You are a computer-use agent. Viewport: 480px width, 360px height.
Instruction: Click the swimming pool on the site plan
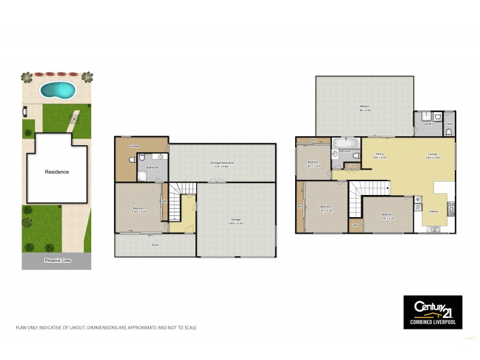coord(58,91)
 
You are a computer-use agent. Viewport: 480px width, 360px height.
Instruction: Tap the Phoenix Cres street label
coord(56,261)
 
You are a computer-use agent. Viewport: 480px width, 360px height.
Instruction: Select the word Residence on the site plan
coord(57,172)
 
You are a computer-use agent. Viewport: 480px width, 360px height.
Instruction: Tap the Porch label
coord(155,246)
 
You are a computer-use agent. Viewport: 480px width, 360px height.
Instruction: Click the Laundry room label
coord(428,124)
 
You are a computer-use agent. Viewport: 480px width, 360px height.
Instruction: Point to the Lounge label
coord(433,154)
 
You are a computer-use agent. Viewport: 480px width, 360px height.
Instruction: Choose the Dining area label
coord(380,155)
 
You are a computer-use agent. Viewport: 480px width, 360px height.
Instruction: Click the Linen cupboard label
coord(353,166)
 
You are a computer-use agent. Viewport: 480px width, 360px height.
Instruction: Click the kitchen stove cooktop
coord(452,210)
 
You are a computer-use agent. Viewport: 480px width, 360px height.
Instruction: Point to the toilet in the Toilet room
coord(449,131)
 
